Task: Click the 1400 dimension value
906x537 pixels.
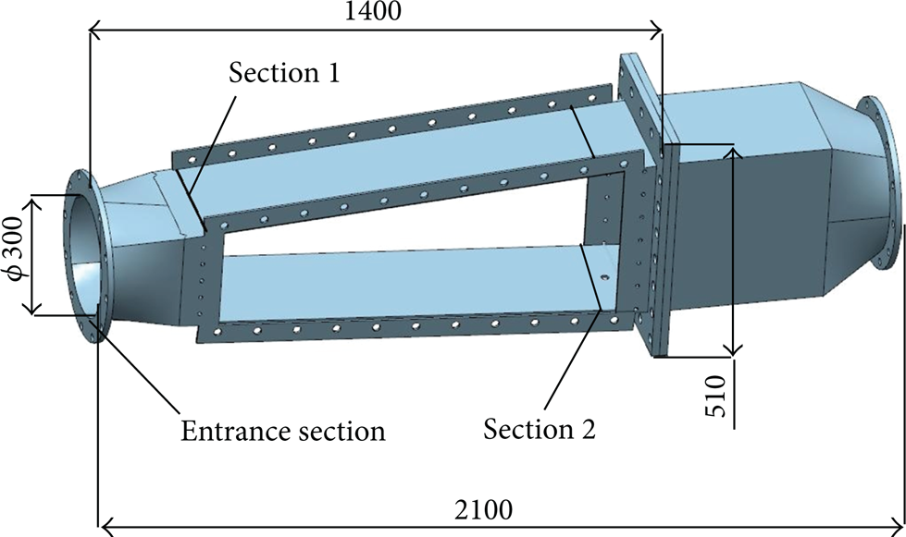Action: coord(373,10)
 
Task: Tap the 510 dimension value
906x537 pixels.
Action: coord(715,396)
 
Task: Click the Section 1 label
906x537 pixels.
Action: coord(284,73)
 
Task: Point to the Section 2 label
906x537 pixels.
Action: coord(540,429)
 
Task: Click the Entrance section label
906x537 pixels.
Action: coord(282,431)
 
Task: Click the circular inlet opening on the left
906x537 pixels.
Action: coord(85,255)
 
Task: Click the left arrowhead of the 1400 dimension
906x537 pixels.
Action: coord(96,31)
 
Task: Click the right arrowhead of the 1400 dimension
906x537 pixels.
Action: coord(655,31)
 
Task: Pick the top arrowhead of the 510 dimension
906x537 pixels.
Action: coord(733,153)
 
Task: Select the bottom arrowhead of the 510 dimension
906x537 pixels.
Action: coord(733,348)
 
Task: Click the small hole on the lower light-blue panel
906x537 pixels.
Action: coord(605,277)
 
